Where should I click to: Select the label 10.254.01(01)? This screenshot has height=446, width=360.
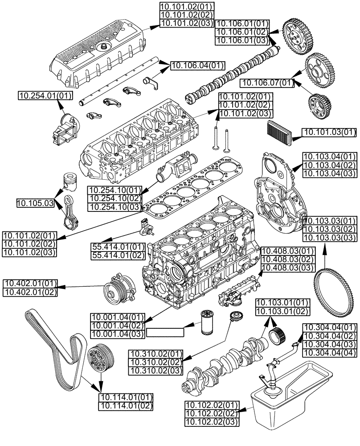pyautogui.click(x=45, y=95)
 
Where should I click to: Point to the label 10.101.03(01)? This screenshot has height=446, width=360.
pyautogui.click(x=330, y=132)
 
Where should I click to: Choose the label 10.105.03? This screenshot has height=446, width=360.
pyautogui.click(x=35, y=203)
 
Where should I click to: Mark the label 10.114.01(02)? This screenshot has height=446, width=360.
pyautogui.click(x=126, y=406)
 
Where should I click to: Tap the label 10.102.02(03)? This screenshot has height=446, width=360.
pyautogui.click(x=212, y=421)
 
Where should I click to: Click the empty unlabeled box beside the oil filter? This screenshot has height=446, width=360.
pyautogui.click(x=165, y=332)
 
